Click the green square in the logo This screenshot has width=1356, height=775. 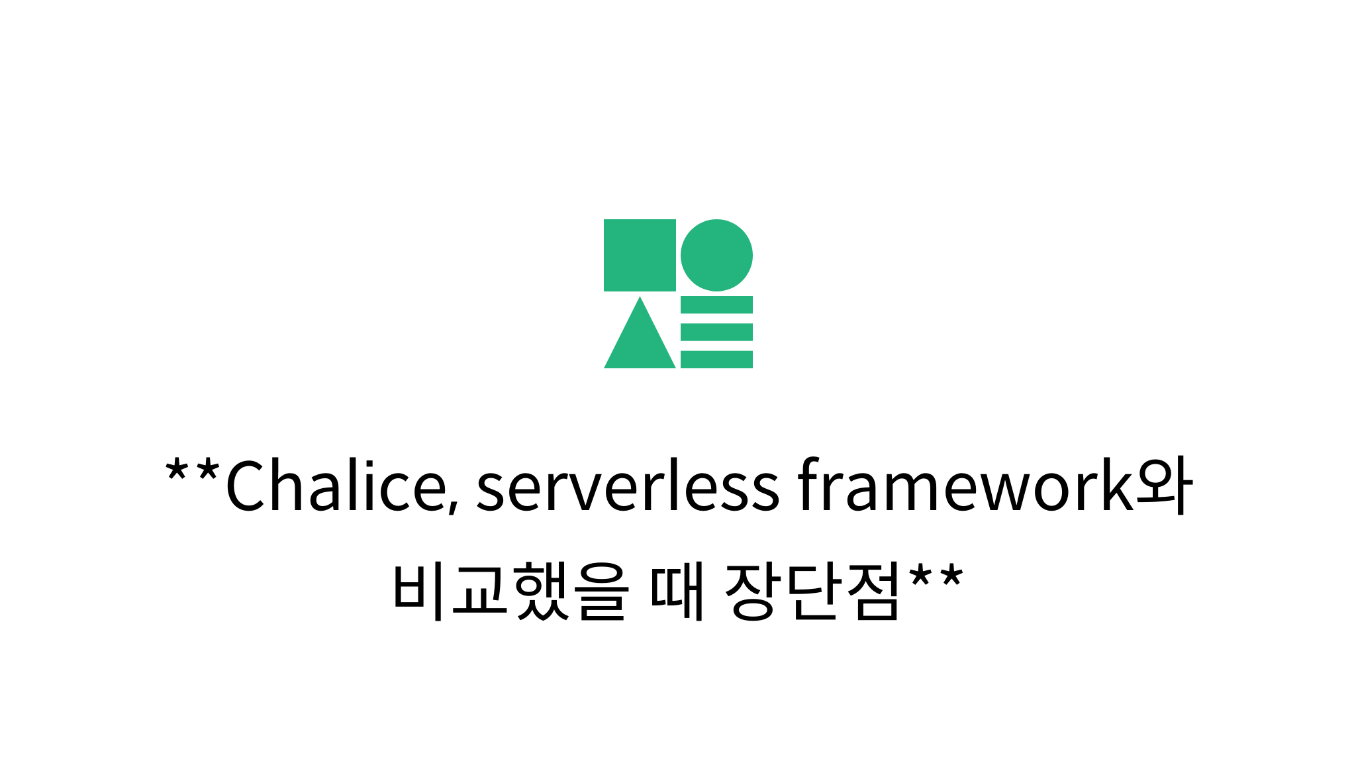pos(640,255)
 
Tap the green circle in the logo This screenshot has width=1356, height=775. pos(716,255)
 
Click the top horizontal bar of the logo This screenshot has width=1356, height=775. pos(716,305)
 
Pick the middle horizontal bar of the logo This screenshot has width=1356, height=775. pos(716,332)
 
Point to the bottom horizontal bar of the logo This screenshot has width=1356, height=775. pos(716,359)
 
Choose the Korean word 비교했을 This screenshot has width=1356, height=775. pos(509,590)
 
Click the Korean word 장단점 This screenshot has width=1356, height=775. pos(813,590)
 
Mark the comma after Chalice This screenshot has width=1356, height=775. pos(454,506)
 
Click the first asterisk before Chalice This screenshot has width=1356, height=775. pos(176,470)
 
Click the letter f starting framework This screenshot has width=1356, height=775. pos(809,485)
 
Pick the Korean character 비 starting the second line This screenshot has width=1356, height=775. pos(418,590)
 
